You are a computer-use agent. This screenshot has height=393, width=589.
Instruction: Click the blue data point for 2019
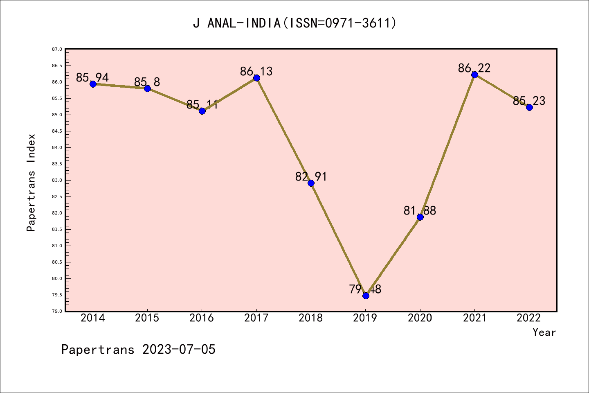[x=366, y=296]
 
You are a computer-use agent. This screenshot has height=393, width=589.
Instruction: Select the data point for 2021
[x=474, y=75]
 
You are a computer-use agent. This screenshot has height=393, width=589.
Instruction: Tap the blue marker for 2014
[x=93, y=84]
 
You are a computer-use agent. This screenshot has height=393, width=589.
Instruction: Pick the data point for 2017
[x=256, y=78]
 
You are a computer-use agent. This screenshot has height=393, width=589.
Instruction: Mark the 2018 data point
[x=311, y=183]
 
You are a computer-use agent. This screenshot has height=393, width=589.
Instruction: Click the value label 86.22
[x=474, y=68]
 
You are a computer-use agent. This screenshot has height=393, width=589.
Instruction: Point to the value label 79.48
[x=365, y=289]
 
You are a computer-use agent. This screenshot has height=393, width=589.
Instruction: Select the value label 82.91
[x=311, y=176]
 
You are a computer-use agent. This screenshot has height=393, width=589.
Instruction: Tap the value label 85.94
[x=92, y=77]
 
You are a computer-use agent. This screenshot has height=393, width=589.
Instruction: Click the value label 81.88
[x=420, y=210]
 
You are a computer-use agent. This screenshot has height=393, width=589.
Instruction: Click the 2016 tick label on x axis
[x=202, y=318]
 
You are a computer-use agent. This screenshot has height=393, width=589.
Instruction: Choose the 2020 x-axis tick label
[x=420, y=318]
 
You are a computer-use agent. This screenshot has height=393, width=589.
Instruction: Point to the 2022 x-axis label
[x=529, y=318]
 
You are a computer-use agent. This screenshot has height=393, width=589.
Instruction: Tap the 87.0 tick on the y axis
[x=57, y=49]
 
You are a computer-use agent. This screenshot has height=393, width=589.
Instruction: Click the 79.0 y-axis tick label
[x=57, y=311]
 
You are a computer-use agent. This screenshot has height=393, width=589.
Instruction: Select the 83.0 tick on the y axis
[x=57, y=180]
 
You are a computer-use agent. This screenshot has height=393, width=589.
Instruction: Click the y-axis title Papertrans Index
[x=31, y=183]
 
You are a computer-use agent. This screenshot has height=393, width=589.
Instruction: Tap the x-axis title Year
[x=544, y=332]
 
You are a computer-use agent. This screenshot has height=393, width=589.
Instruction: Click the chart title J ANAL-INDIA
[x=294, y=23]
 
